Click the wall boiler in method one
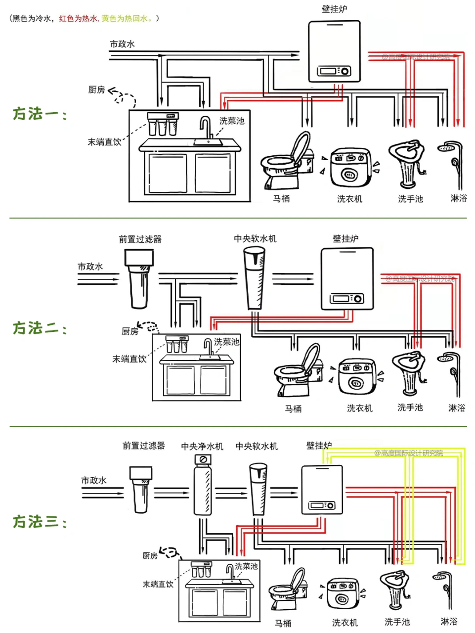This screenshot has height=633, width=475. tap(334, 51)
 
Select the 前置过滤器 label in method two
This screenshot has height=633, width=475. tap(140, 239)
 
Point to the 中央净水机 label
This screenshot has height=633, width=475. tap(202, 447)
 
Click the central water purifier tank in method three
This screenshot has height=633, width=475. tap(202, 487)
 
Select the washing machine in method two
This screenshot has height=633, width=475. tap(357, 376)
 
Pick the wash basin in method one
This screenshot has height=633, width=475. tap(408, 163)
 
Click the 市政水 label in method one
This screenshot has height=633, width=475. tap(122, 44)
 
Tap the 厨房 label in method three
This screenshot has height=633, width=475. tap(150, 556)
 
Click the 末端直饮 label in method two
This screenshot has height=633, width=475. tap(129, 359)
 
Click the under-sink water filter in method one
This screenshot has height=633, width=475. tap(163, 124)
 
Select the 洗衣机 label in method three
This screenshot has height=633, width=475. tap(345, 623)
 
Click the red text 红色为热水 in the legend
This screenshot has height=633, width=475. tap(78, 18)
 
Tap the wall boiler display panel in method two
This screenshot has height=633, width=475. tap(347, 298)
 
